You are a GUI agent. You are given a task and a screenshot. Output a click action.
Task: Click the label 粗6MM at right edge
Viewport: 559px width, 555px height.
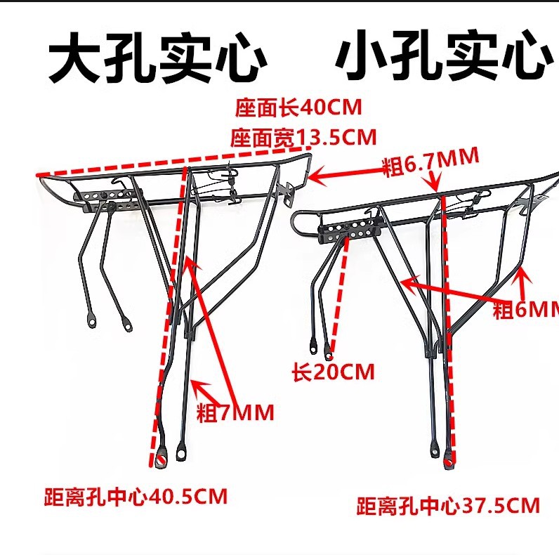click(525, 310)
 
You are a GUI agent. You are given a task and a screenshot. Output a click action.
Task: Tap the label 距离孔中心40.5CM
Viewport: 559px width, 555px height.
click(133, 497)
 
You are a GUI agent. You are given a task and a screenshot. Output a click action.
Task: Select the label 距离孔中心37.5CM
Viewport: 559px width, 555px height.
click(448, 504)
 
